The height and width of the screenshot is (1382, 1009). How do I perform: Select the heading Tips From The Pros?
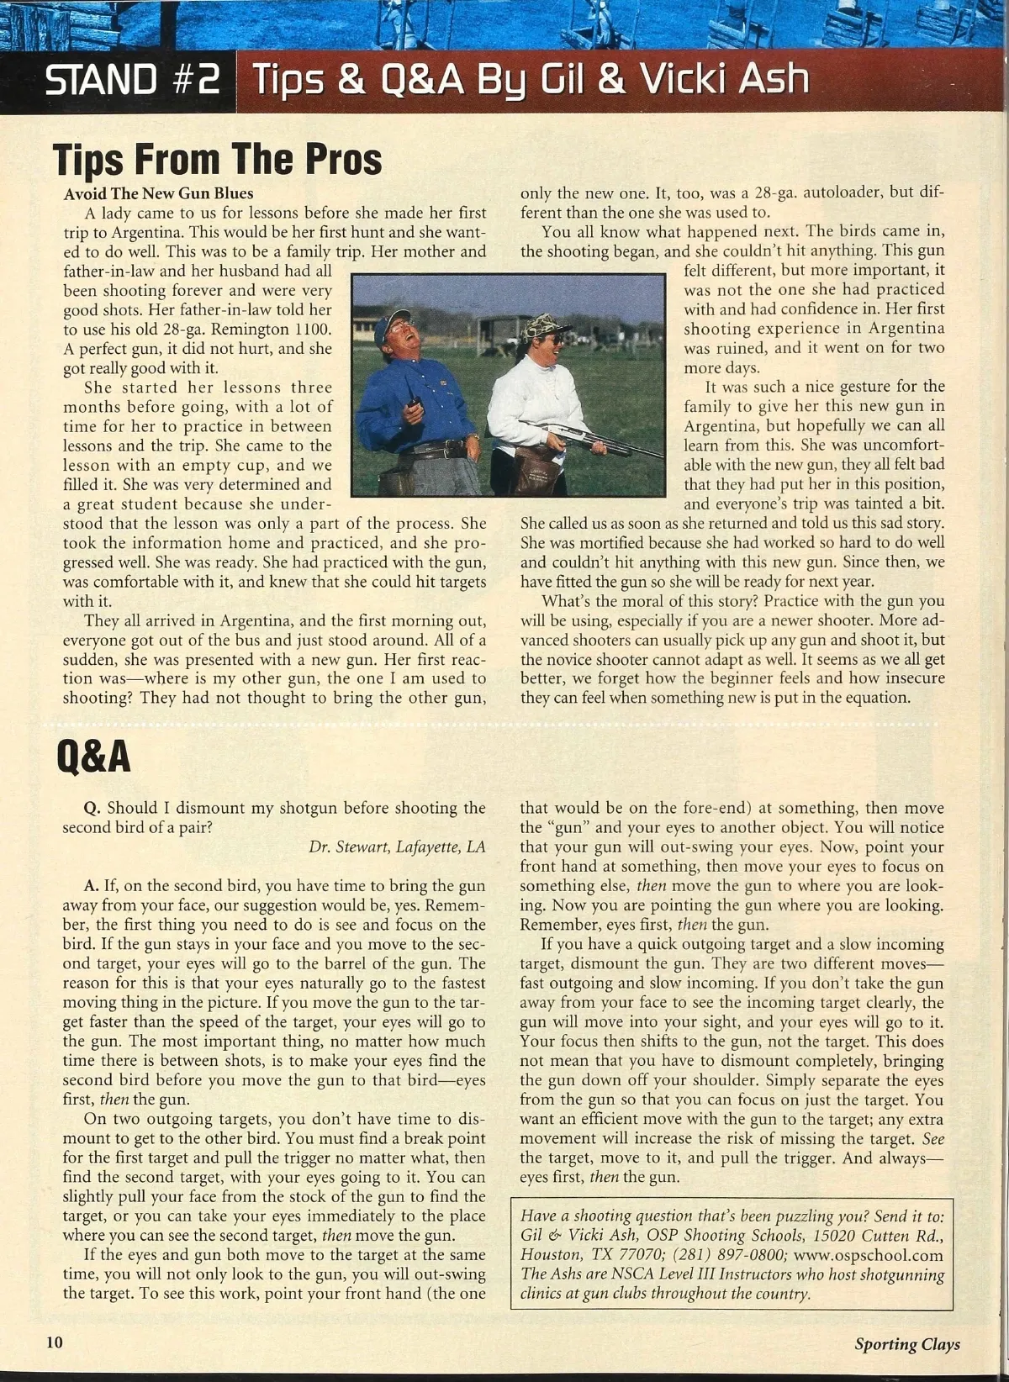click(x=218, y=159)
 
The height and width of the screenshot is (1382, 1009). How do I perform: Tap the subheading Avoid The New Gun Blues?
click(x=158, y=193)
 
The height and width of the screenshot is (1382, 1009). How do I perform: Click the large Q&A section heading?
click(x=93, y=756)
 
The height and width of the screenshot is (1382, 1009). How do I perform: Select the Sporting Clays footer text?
click(x=906, y=1343)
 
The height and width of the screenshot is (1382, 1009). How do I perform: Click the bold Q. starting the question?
click(x=92, y=808)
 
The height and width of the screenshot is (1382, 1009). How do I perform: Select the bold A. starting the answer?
click(x=92, y=885)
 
